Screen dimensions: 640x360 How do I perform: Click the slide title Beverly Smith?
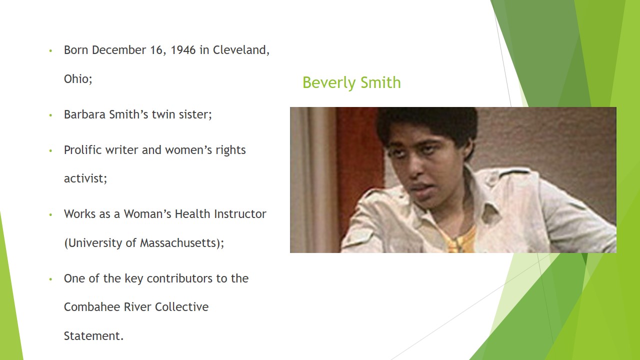point(351,83)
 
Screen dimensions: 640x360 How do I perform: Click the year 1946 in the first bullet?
point(183,50)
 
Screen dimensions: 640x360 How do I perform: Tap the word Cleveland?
point(241,50)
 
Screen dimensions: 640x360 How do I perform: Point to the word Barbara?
point(85,114)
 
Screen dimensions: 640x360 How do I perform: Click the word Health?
point(193,214)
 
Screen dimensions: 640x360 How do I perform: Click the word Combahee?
point(92,307)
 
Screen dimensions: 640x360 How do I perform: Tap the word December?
point(119,50)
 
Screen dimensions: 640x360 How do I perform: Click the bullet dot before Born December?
point(50,51)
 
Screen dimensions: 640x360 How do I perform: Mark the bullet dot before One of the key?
point(50,279)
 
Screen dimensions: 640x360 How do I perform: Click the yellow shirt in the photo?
point(460,240)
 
